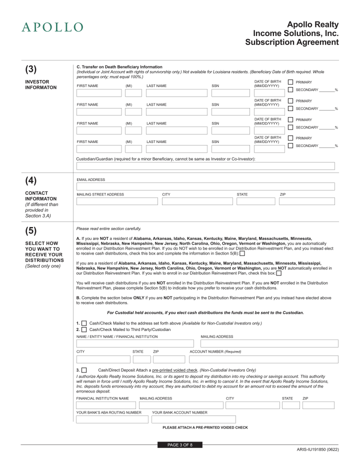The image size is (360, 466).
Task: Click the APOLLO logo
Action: (x=52, y=27)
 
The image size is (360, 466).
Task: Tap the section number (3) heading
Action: (x=31, y=69)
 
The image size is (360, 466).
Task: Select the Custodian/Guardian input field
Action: (x=205, y=166)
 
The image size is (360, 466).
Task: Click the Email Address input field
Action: (x=205, y=186)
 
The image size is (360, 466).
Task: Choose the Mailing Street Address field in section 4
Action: (x=117, y=201)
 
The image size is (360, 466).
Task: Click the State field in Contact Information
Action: (x=255, y=201)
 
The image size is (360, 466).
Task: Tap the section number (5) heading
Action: (x=31, y=230)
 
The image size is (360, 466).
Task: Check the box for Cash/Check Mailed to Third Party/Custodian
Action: (x=84, y=329)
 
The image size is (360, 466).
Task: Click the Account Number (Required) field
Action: (x=263, y=359)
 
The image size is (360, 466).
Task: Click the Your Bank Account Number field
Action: (x=193, y=419)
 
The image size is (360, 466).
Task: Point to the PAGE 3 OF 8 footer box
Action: (x=180, y=445)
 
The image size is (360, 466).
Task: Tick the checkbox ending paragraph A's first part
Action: (x=242, y=253)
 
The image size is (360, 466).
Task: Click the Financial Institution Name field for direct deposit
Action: (x=106, y=405)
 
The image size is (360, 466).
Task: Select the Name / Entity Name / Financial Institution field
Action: (x=135, y=343)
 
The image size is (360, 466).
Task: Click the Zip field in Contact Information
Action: (x=306, y=201)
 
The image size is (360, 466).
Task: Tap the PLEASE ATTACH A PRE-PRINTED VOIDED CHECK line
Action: (x=205, y=427)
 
